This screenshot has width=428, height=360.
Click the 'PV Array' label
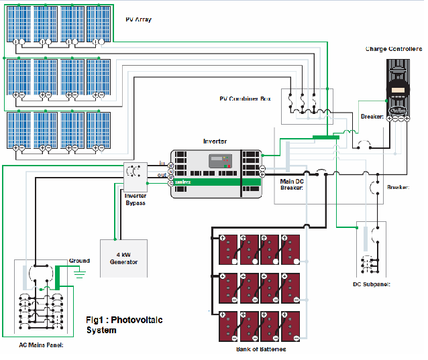138,20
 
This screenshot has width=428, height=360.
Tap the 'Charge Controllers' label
393,49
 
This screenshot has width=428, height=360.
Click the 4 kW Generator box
123,257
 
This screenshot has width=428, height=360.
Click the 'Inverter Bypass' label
136,199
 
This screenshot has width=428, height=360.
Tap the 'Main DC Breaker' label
292,184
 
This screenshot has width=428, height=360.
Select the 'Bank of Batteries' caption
261,349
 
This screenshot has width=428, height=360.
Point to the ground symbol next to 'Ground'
81,273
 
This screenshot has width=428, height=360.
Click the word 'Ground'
78,261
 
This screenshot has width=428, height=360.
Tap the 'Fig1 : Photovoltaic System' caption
124,324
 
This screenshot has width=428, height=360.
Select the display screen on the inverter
219,161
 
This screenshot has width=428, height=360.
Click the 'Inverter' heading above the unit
215,141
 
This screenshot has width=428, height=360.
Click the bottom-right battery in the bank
291,327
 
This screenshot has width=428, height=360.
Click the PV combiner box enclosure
306,106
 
